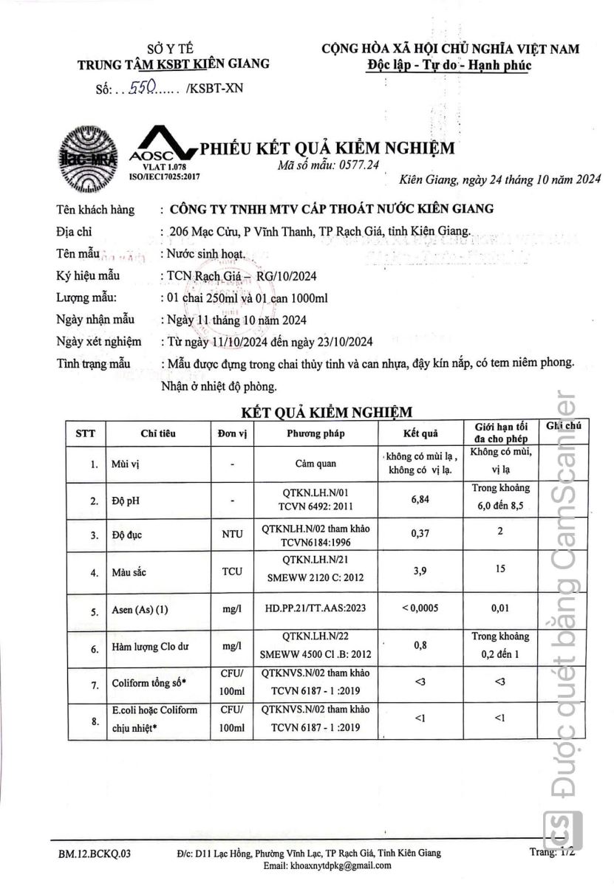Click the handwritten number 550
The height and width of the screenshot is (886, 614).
(141, 89)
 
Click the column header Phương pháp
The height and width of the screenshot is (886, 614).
(315, 433)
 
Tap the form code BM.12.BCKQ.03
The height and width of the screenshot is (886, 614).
(95, 853)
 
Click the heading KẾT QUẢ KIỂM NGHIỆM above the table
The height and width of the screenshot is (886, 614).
(327, 411)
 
